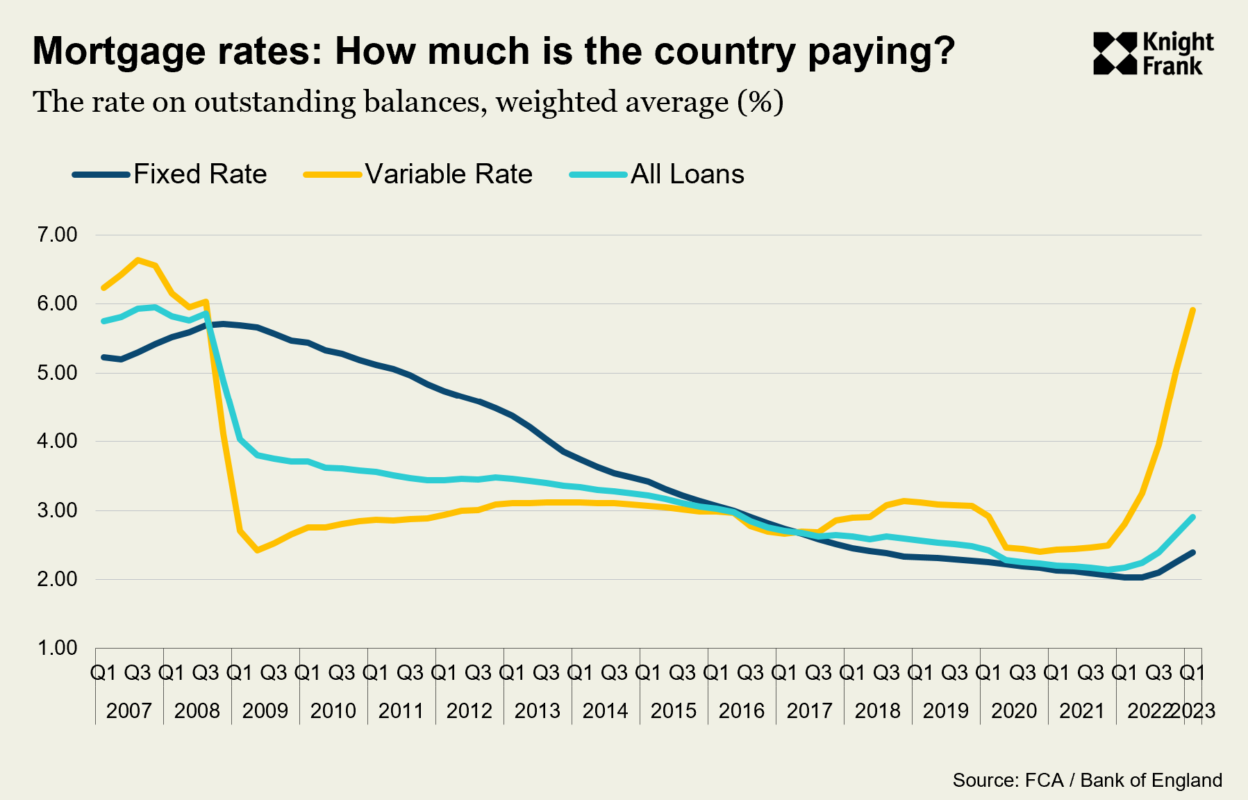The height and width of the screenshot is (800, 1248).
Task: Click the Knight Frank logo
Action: pos(1153,53)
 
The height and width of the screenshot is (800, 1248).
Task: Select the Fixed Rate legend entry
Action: pos(199,174)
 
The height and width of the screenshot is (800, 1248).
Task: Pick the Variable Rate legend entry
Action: pos(448,174)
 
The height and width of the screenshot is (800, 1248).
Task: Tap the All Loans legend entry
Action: pos(687,174)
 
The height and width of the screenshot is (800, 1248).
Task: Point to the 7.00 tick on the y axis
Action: pos(57,235)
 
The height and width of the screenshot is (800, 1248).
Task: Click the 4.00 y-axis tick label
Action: pos(57,441)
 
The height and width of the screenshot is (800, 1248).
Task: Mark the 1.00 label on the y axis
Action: pos(57,648)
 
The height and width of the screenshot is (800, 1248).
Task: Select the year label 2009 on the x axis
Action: pos(265,711)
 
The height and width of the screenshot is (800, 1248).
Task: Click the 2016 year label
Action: pos(741,711)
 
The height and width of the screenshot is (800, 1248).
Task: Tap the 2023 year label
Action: pos(1194,711)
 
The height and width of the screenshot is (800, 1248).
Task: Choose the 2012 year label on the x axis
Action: pos(469,711)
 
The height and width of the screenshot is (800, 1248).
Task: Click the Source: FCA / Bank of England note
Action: pos(1087,781)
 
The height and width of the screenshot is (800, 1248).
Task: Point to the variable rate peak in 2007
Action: pos(138,260)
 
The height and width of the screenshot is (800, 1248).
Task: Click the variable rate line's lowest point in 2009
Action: pos(257,550)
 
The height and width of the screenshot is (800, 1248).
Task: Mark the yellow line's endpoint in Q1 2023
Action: pos(1192,310)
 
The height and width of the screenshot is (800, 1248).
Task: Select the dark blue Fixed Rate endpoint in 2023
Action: pos(1192,553)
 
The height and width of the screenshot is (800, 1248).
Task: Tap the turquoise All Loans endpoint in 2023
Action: pos(1192,517)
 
